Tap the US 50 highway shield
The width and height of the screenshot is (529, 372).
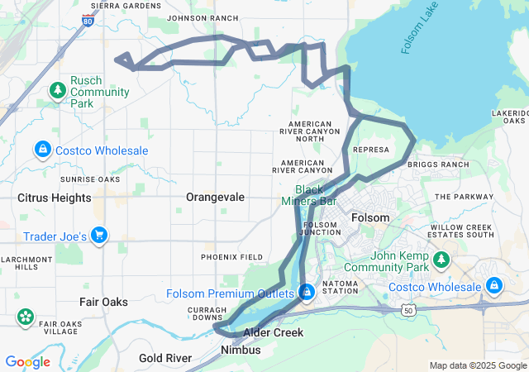point(408,309)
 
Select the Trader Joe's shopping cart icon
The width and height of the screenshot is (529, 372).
point(99,236)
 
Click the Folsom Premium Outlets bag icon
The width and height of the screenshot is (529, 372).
point(307,293)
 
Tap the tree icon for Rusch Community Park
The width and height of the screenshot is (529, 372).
point(58,89)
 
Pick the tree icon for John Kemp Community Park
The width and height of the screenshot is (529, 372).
point(441,261)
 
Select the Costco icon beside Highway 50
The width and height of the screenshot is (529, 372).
point(494,286)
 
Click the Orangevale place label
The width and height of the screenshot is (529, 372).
point(216,198)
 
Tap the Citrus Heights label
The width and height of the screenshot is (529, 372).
point(55,198)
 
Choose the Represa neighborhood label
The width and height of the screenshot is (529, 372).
point(370,150)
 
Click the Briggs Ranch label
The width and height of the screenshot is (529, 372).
point(438,165)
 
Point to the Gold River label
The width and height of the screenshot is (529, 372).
point(165,358)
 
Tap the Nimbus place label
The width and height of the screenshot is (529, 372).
point(241,351)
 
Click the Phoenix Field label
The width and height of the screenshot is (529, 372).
point(232,257)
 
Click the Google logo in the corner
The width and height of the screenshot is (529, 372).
point(27,361)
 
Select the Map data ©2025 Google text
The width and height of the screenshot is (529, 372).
point(477,365)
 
